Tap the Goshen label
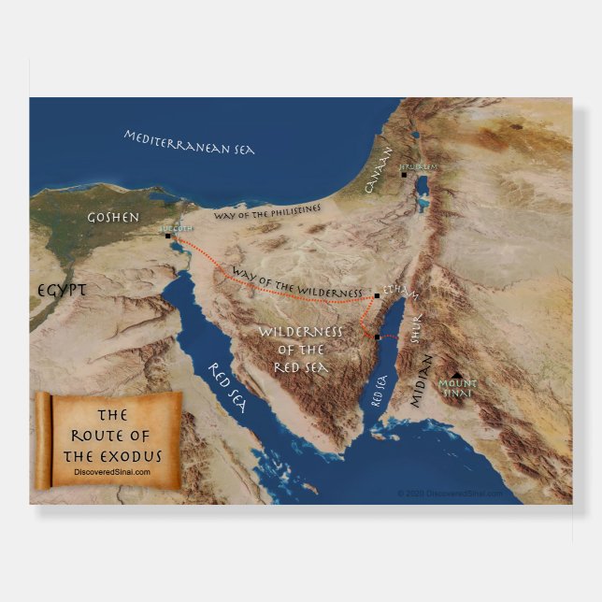(x=113, y=217)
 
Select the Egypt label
(x=62, y=291)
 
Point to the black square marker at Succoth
(x=168, y=236)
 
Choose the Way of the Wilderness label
(x=296, y=281)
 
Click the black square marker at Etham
(x=377, y=295)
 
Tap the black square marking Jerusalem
(x=404, y=174)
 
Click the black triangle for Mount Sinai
(x=455, y=374)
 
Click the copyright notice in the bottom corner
(x=450, y=493)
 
